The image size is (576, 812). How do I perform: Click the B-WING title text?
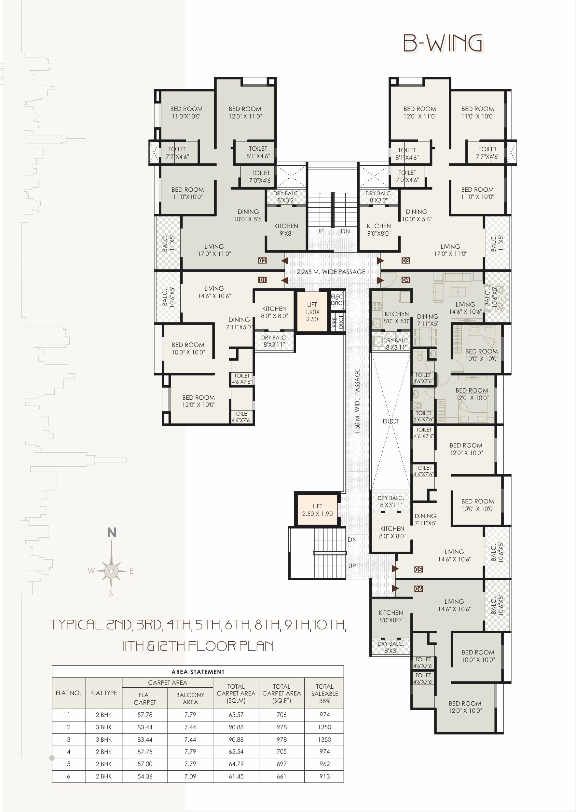click(x=443, y=44)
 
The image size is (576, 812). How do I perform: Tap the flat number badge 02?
click(x=262, y=261)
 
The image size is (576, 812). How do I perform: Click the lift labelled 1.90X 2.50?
click(x=312, y=312)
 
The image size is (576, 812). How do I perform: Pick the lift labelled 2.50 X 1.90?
click(x=317, y=510)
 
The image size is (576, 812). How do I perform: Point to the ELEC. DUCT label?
click(x=337, y=300)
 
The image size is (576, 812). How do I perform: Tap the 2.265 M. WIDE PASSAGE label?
click(x=331, y=272)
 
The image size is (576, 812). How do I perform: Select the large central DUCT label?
click(x=391, y=421)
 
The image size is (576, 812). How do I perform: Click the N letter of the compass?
click(x=112, y=533)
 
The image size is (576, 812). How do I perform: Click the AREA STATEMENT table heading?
click(x=198, y=672)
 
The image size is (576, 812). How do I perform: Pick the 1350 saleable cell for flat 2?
click(x=324, y=727)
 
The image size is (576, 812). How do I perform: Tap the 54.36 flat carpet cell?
click(x=145, y=776)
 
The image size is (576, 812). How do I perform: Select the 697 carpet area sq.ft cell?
click(x=281, y=764)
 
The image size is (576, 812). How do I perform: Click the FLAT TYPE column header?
click(x=103, y=693)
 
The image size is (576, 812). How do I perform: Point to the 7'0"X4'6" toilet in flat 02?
click(x=261, y=177)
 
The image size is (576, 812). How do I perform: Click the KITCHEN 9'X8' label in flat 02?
click(x=286, y=229)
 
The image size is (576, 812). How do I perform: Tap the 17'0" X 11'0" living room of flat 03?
click(x=450, y=250)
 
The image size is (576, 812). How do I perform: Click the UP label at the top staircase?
click(x=320, y=231)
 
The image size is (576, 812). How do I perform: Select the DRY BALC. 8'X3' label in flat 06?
click(x=391, y=647)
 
